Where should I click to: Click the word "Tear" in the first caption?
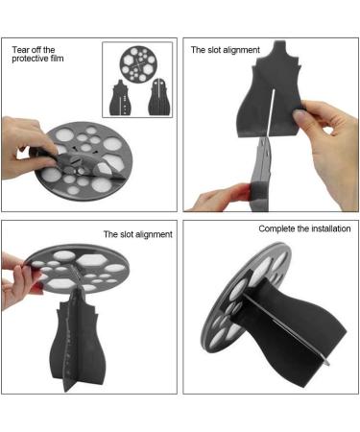click(x=20, y=50)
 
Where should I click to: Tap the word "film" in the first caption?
click(x=57, y=59)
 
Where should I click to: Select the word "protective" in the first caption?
click(x=30, y=59)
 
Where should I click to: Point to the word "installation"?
click(x=331, y=228)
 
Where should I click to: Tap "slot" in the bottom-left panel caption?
click(x=127, y=234)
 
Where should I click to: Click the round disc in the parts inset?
click(x=138, y=63)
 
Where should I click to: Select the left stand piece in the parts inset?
click(x=120, y=98)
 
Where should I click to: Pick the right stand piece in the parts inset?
click(x=159, y=97)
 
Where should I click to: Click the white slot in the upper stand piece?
click(x=271, y=112)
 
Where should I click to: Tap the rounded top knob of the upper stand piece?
click(x=280, y=48)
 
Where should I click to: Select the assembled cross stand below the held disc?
click(x=79, y=339)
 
